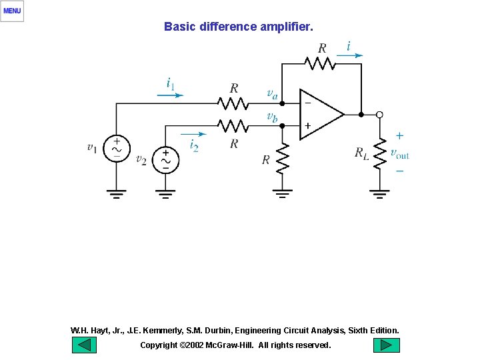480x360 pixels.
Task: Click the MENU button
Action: [x=12, y=11]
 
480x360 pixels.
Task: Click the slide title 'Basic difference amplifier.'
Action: [x=238, y=27]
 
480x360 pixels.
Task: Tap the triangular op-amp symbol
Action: [x=319, y=114]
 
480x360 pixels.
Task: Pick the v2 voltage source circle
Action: [x=165, y=160]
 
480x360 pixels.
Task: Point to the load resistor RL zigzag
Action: [x=379, y=153]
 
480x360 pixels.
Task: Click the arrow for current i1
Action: [x=170, y=95]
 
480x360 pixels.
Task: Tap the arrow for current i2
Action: [x=193, y=134]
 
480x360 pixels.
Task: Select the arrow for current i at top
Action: [x=350, y=56]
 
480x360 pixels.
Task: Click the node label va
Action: [x=272, y=94]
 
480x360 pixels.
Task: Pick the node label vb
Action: [x=272, y=117]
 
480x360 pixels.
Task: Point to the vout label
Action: [x=399, y=154]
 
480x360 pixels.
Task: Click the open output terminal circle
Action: [x=379, y=115]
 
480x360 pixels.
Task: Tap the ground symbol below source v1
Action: [x=117, y=194]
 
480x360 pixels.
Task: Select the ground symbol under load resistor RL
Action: [x=379, y=194]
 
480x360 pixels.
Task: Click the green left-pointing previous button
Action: [x=83, y=345]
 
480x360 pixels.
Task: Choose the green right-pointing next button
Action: [x=386, y=345]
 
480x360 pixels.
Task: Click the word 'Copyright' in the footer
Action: [x=159, y=345]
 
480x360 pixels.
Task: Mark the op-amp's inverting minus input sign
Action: [x=307, y=103]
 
